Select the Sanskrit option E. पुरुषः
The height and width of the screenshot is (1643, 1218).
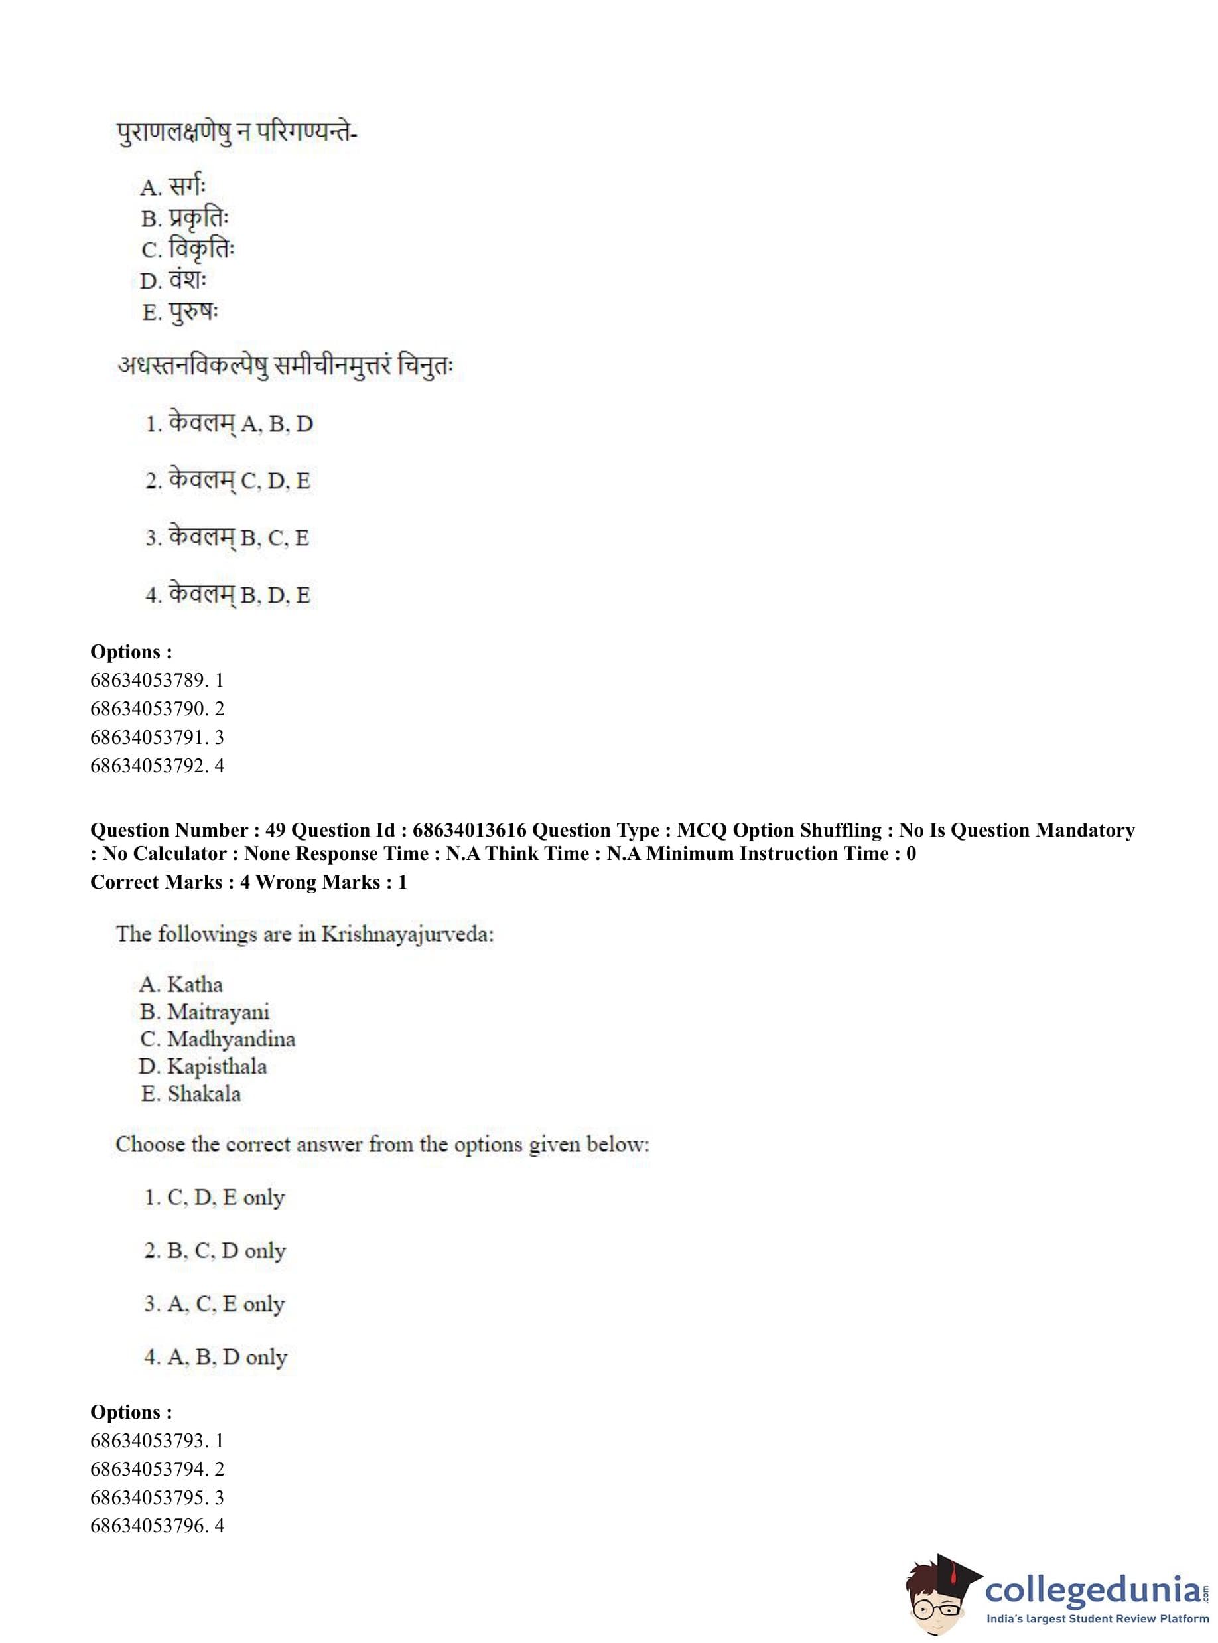click(179, 312)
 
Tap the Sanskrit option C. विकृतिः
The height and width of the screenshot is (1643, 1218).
click(187, 250)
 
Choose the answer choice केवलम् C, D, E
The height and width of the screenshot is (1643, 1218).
click(228, 481)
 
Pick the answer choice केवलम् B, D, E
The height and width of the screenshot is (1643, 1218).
click(228, 595)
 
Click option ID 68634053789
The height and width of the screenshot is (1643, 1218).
click(157, 680)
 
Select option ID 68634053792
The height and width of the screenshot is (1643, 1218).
click(157, 766)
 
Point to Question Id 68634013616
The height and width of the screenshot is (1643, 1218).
click(469, 830)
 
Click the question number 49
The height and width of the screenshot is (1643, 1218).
click(275, 830)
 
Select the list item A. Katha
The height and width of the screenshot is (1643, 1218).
click(180, 985)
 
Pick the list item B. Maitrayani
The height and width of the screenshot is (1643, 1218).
click(205, 1012)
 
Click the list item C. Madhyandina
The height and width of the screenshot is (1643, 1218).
click(218, 1039)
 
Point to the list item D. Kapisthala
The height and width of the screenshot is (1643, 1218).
click(203, 1066)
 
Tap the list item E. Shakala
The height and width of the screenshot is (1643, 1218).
click(191, 1094)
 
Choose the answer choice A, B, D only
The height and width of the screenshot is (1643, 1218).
click(216, 1357)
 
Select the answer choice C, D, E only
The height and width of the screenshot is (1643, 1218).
click(214, 1198)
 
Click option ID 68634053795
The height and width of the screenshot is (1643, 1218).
click(157, 1497)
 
